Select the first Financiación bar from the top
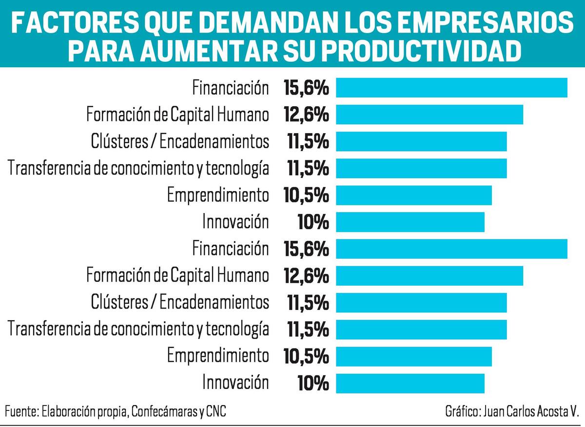point(451,88)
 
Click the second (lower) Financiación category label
point(230,249)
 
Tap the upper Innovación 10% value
point(313,222)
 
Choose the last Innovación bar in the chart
point(410,383)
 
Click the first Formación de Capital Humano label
point(177,115)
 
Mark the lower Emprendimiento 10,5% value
point(306,356)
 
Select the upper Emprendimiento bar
point(414,195)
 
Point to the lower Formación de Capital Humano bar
point(429,276)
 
